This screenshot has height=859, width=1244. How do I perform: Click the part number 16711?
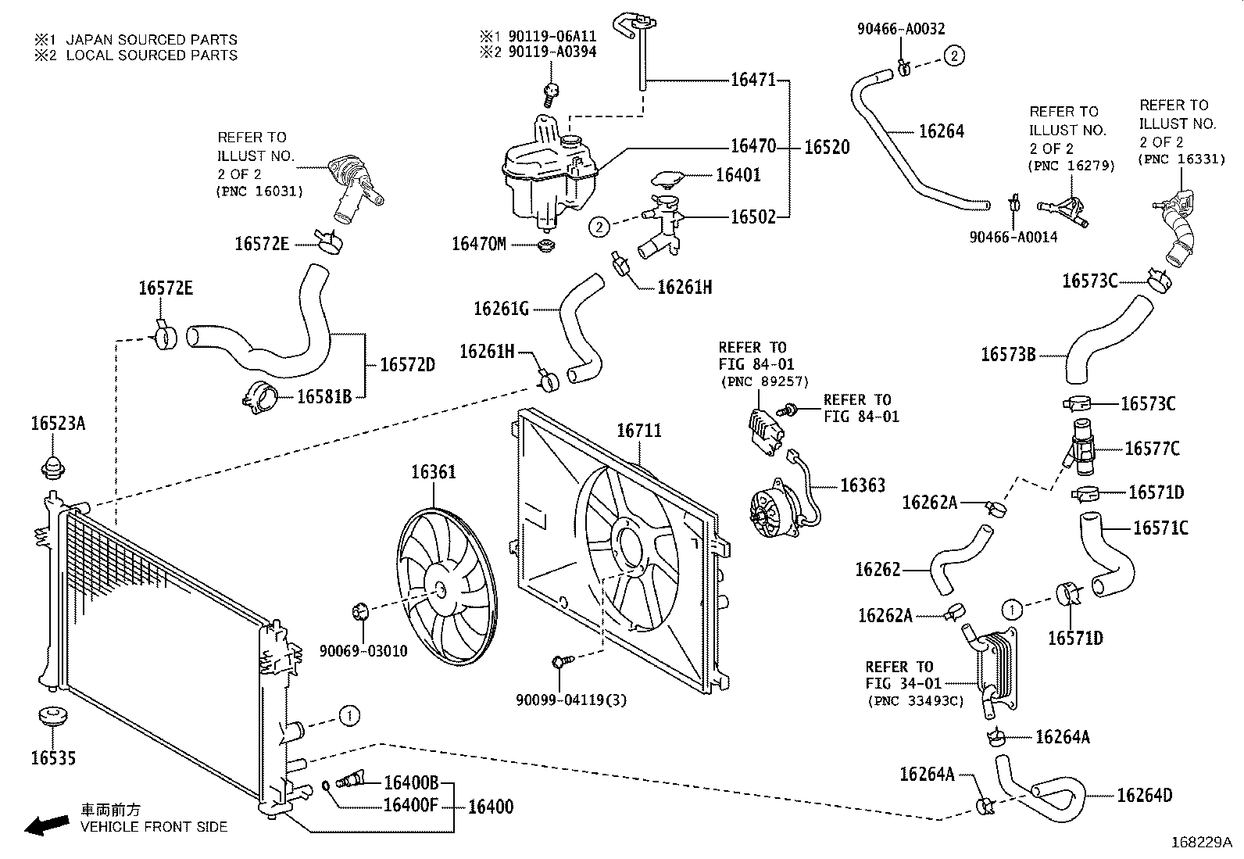(638, 431)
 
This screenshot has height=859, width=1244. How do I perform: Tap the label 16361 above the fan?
(433, 472)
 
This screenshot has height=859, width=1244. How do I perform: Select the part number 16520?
(827, 147)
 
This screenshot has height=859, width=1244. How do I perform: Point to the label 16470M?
(479, 244)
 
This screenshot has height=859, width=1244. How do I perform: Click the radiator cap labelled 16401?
(667, 180)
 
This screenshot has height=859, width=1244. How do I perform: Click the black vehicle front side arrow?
(47, 825)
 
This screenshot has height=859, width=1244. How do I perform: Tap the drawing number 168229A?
(1201, 843)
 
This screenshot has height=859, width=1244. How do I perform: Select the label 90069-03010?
(363, 651)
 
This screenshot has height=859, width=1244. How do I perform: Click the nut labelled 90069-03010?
(361, 611)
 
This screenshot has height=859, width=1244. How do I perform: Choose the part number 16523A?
(58, 424)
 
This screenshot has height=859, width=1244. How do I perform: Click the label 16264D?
(1145, 796)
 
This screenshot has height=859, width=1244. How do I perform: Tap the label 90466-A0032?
(901, 29)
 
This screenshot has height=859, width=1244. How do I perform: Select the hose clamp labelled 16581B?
(260, 398)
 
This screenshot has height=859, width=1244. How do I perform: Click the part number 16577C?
(1153, 449)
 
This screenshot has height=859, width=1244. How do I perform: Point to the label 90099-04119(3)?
(571, 700)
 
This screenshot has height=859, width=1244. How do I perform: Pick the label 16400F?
(411, 805)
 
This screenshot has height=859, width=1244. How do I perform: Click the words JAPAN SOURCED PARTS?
(152, 40)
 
